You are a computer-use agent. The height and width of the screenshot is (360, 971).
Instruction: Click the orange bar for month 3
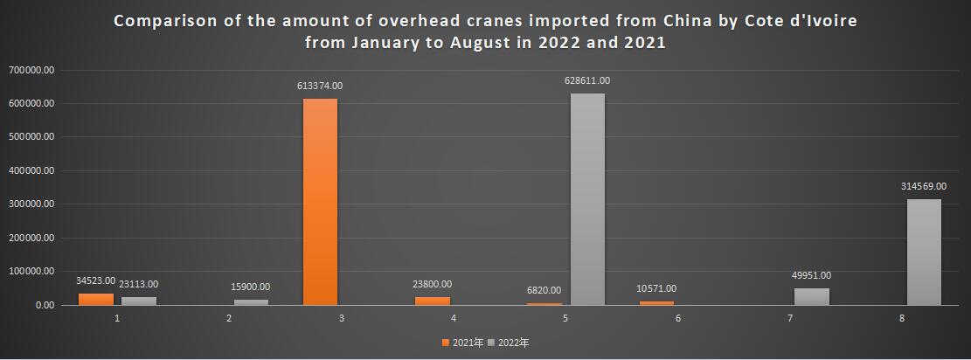tap(320, 202)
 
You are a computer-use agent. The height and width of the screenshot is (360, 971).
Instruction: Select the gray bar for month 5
tap(587, 199)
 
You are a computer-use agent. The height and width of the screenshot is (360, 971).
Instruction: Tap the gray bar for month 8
tap(924, 252)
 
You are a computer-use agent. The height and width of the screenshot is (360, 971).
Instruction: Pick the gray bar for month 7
tap(812, 296)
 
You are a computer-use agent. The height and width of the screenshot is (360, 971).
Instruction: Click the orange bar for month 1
tap(96, 299)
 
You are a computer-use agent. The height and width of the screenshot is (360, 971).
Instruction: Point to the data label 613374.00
tap(320, 86)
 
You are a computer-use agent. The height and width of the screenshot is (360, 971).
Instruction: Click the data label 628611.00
tap(587, 80)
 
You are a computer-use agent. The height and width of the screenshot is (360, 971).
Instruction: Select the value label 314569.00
tap(924, 186)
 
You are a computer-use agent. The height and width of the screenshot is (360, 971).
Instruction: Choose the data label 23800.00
tap(433, 284)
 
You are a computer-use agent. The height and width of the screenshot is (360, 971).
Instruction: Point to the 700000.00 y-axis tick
tap(31, 69)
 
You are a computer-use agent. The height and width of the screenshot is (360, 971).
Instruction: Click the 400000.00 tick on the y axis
tap(31, 170)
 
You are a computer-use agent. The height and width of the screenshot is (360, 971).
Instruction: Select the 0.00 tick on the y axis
tap(45, 305)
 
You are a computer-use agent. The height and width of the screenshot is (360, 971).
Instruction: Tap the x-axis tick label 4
tap(454, 318)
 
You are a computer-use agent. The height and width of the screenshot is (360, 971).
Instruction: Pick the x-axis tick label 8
tap(902, 318)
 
